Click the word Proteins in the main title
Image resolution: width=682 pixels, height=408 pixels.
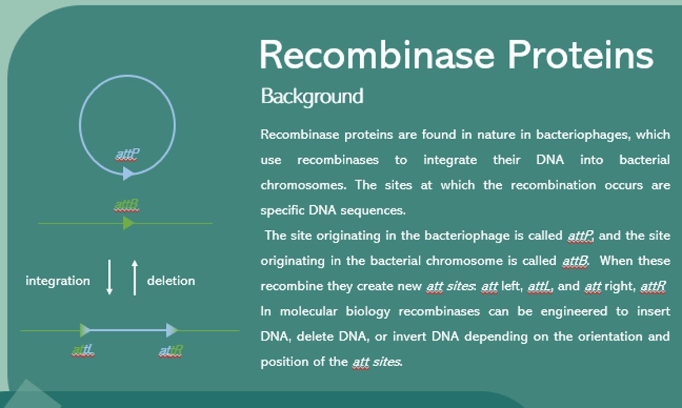pos(580,56)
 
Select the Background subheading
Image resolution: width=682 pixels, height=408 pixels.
pos(312,96)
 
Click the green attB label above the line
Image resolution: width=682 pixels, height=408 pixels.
pos(127,205)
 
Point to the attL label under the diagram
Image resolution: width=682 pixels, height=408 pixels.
pos(84,350)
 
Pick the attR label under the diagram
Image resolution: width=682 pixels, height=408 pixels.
pos(170,350)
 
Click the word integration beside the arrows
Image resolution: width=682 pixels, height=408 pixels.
pos(57,281)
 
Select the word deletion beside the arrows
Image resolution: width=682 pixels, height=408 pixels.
pos(171,281)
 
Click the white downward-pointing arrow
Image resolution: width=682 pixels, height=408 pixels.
pos(110,277)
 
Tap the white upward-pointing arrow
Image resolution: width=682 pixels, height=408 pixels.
pos(135,277)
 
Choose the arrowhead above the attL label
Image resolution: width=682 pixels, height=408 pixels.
pos(85,330)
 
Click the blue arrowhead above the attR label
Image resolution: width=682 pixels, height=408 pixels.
pos(172,330)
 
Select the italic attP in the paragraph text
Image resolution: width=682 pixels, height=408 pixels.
pos(580,236)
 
